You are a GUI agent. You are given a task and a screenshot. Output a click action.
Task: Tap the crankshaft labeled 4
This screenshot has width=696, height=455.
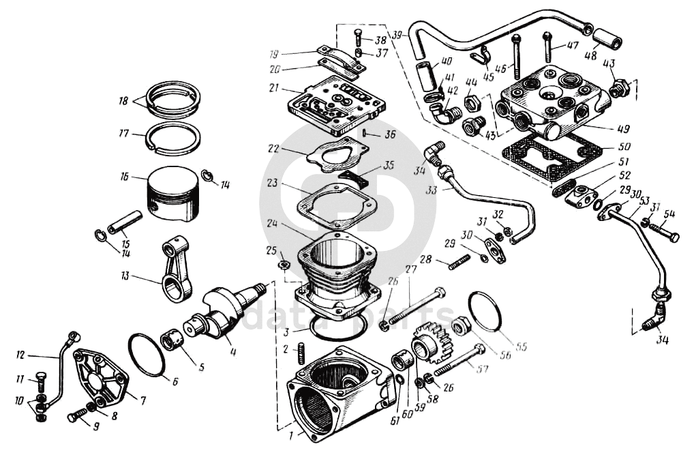(225, 310)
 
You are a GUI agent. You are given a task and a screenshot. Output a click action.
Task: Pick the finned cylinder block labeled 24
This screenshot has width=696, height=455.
(337, 269)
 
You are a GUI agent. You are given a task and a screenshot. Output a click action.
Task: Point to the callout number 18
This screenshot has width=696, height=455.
(123, 100)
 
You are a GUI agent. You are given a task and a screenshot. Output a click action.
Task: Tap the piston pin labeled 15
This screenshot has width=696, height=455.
(126, 222)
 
